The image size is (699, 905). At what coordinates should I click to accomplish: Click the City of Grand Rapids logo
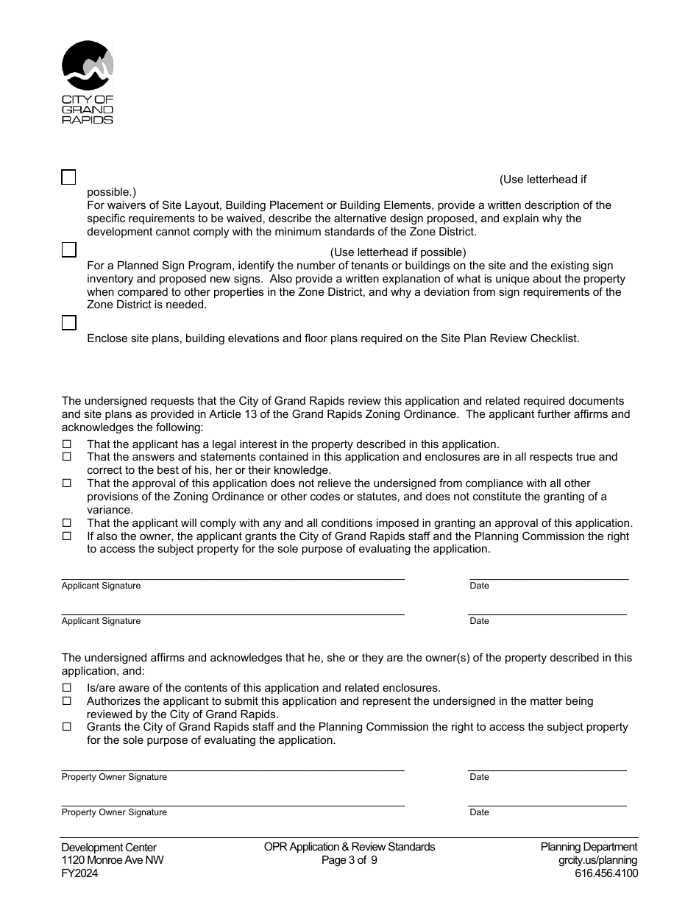(88, 82)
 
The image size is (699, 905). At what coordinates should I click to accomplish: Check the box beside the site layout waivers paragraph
(68, 177)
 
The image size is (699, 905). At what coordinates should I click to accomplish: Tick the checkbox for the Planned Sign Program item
(68, 249)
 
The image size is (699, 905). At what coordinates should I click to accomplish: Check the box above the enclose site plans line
(68, 322)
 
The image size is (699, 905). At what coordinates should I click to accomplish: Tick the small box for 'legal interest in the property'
(66, 444)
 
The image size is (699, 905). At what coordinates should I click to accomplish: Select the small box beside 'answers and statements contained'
(66, 457)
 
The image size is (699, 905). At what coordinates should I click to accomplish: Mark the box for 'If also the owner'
(66, 536)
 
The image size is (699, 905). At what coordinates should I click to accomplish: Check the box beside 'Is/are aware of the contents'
(66, 688)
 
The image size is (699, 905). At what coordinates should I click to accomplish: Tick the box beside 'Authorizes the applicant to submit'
(66, 701)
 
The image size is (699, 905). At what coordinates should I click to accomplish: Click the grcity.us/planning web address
(597, 861)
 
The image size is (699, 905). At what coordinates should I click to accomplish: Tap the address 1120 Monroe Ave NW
(113, 861)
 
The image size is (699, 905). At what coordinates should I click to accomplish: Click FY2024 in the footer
(79, 874)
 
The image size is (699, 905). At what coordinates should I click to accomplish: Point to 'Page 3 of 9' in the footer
(349, 861)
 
